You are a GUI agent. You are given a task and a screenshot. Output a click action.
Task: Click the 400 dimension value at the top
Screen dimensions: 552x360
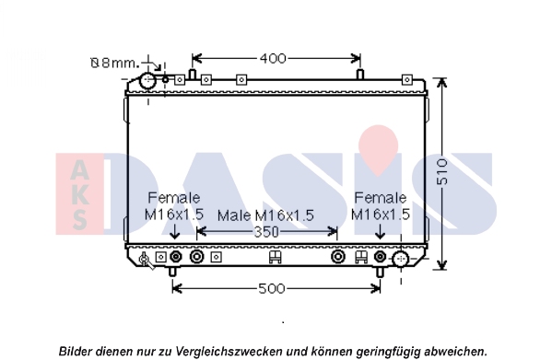tap(273, 58)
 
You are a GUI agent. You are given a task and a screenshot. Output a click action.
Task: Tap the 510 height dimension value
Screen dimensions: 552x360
tap(442, 172)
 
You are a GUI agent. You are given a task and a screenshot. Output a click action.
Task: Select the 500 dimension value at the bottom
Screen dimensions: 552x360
tap(272, 288)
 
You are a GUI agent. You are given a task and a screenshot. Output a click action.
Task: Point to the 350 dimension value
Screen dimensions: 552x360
tap(266, 232)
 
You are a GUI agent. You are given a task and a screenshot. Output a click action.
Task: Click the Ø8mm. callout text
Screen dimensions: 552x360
tap(115, 63)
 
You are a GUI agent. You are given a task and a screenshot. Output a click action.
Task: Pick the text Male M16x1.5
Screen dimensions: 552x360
tap(265, 215)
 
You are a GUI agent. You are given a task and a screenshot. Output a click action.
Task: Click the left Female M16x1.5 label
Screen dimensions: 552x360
tap(174, 206)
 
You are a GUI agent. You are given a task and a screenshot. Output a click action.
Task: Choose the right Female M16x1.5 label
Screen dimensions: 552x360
tap(381, 206)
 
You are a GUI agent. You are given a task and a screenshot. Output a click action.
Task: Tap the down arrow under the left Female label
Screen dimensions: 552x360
tap(174, 232)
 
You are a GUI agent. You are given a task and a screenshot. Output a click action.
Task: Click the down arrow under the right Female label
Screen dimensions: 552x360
tap(380, 232)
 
